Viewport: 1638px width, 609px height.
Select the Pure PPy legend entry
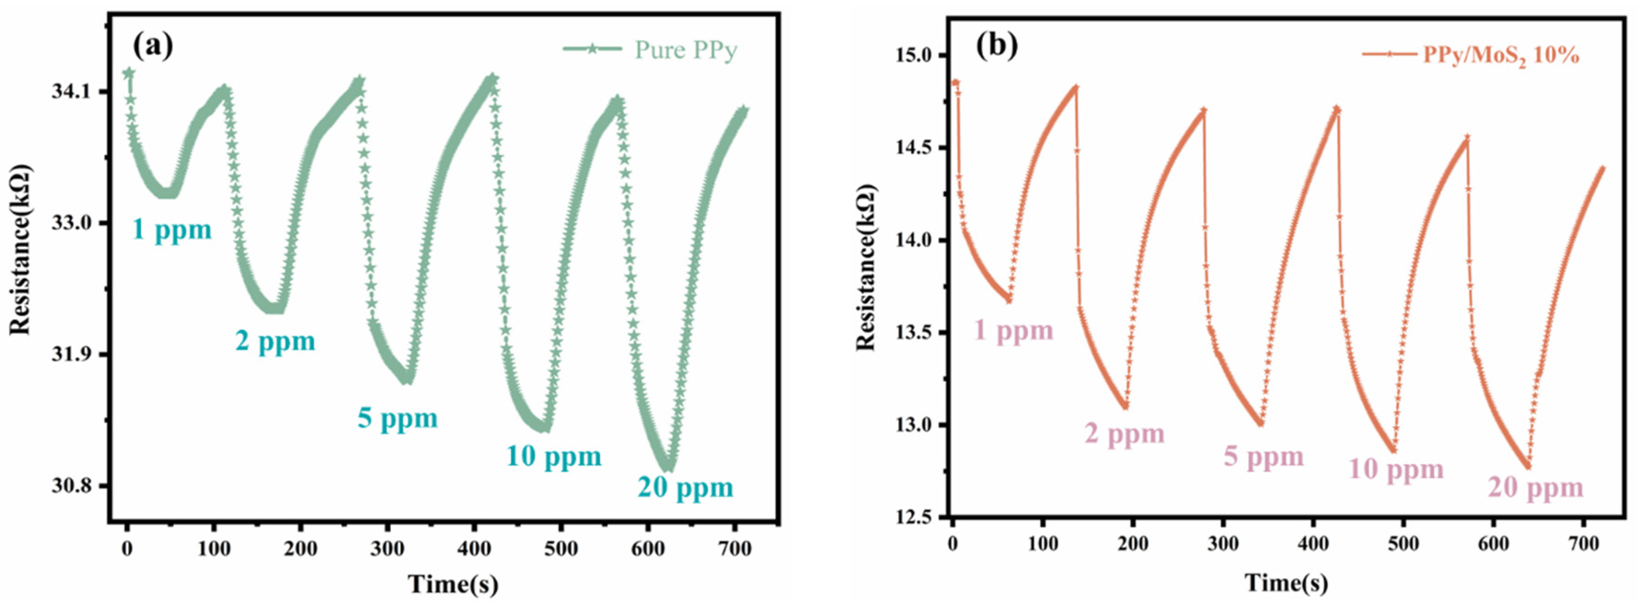pyautogui.click(x=686, y=50)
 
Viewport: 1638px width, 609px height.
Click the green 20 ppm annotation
pyautogui.click(x=686, y=488)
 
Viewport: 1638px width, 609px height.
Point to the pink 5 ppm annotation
pyautogui.click(x=1264, y=456)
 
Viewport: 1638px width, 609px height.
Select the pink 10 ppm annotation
pyautogui.click(x=1396, y=470)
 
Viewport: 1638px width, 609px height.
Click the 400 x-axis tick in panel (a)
pyautogui.click(x=474, y=548)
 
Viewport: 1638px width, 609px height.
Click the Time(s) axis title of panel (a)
pyautogui.click(x=453, y=584)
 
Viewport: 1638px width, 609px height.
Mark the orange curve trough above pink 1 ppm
pyautogui.click(x=1009, y=299)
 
